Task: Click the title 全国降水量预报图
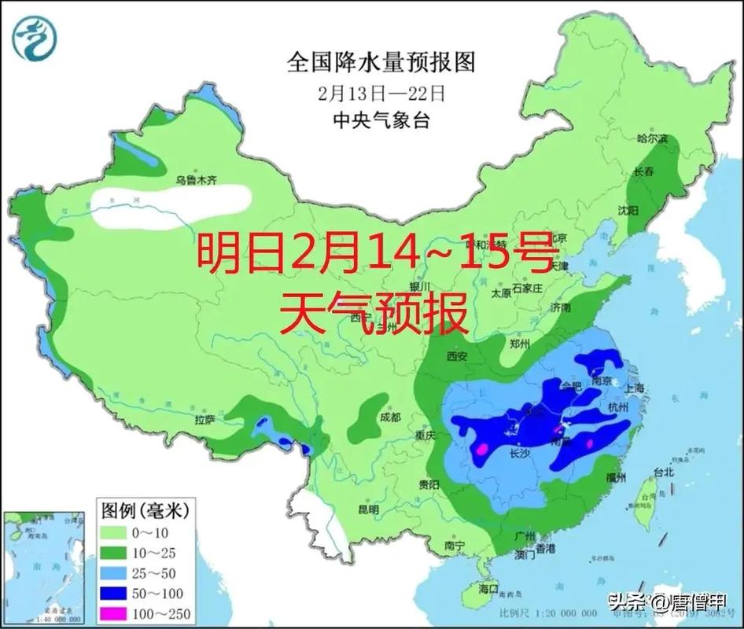(x=382, y=62)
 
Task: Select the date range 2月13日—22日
(x=382, y=93)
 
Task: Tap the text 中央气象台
(x=382, y=120)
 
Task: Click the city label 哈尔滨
(x=651, y=138)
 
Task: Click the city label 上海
(x=632, y=388)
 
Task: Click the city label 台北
(x=664, y=473)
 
